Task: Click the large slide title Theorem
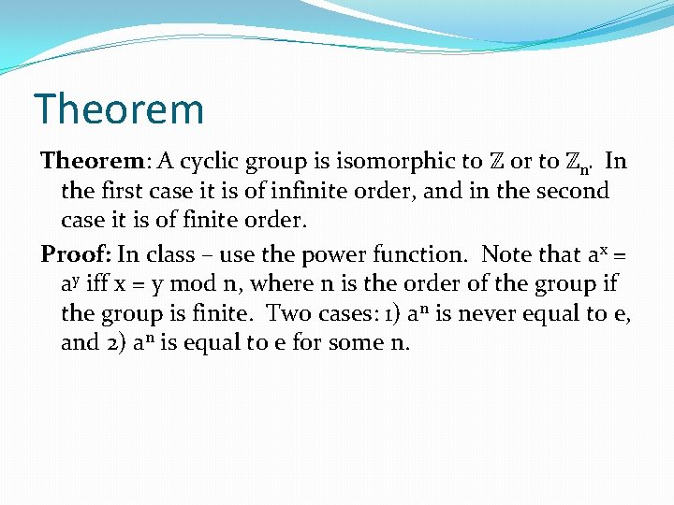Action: (118, 109)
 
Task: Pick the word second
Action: (571, 191)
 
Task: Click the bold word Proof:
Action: (77, 254)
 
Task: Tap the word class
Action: (168, 254)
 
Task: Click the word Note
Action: (505, 254)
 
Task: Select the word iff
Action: (97, 283)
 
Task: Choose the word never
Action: (486, 314)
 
